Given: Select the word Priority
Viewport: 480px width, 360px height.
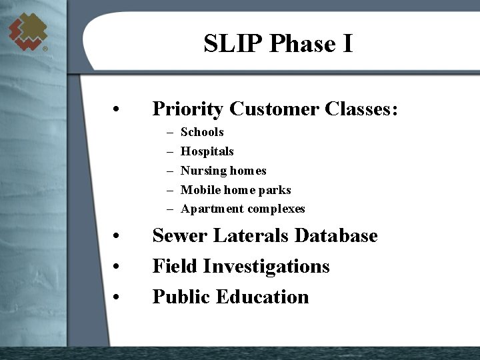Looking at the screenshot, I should (x=189, y=109).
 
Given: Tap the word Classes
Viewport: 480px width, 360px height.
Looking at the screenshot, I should (x=360, y=109).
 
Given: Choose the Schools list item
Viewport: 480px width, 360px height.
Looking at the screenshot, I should (x=202, y=132).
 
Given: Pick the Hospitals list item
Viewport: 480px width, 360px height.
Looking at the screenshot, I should (x=207, y=151).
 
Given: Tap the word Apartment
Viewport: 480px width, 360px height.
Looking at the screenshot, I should (x=212, y=209).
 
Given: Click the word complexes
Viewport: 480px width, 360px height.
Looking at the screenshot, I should (x=276, y=209).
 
